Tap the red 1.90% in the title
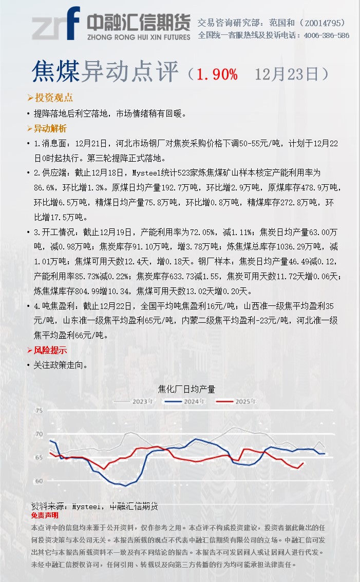tap(217, 74)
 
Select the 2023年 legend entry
tap(142, 401)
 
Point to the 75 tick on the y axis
tap(39, 411)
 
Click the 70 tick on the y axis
tap(39, 434)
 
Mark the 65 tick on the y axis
tap(39, 457)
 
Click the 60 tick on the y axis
tap(39, 481)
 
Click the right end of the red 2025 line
tap(304, 463)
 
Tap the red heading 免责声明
tap(45, 515)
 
